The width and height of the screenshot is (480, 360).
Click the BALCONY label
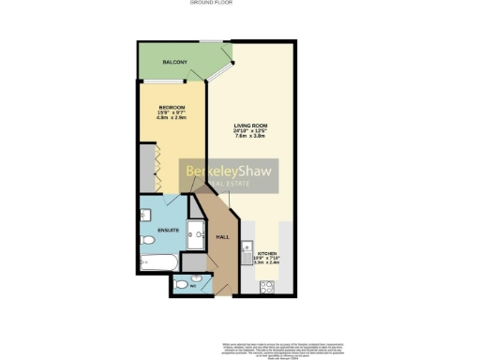point(174,62)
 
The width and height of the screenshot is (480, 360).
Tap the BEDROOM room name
point(171,107)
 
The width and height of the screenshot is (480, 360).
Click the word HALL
point(222,237)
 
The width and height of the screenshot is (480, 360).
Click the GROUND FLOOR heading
point(239,3)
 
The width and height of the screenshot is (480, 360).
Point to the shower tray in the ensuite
point(196,234)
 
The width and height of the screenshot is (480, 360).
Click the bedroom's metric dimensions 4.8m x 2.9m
point(171,118)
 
